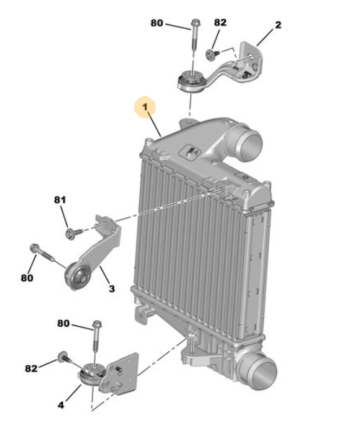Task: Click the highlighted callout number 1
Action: [x=145, y=107]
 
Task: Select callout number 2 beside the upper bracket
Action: [x=278, y=25]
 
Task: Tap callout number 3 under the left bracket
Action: [x=112, y=289]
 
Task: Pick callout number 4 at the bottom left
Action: [x=61, y=405]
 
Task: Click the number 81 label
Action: [x=60, y=200]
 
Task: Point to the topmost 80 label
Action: [x=157, y=23]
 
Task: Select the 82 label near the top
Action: [x=220, y=22]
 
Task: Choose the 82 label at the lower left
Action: [x=31, y=369]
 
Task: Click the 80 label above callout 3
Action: [x=27, y=278]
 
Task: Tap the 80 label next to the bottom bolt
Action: [x=63, y=323]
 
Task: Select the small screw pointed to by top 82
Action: [x=212, y=53]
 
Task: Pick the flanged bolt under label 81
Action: [x=74, y=233]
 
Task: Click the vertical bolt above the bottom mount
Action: [x=96, y=336]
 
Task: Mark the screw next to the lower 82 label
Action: [x=63, y=357]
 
